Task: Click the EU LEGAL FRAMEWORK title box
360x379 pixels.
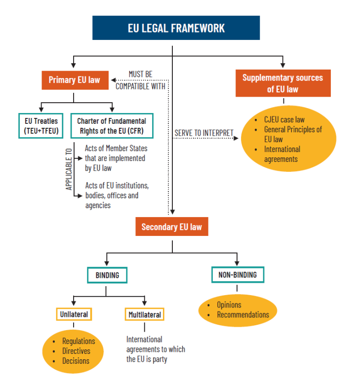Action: pos(176,28)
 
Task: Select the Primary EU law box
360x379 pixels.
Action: pos(74,80)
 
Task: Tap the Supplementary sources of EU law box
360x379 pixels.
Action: pos(282,83)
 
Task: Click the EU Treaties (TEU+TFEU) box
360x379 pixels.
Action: pos(41,125)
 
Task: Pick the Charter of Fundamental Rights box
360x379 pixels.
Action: pos(112,125)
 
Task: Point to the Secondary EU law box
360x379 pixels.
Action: pos(171,227)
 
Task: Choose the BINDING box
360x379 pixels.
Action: pos(107,275)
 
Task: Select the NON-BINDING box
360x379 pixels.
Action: pos(238,275)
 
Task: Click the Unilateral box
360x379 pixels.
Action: pos(74,314)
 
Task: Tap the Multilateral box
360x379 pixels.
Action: pos(144,314)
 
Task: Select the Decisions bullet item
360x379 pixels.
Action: pos(76,361)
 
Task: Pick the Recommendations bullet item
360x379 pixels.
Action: pos(243,315)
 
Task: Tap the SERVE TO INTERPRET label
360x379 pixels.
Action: pos(203,133)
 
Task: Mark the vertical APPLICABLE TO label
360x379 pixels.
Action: pos(69,169)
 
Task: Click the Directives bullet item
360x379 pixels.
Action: pos(76,351)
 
